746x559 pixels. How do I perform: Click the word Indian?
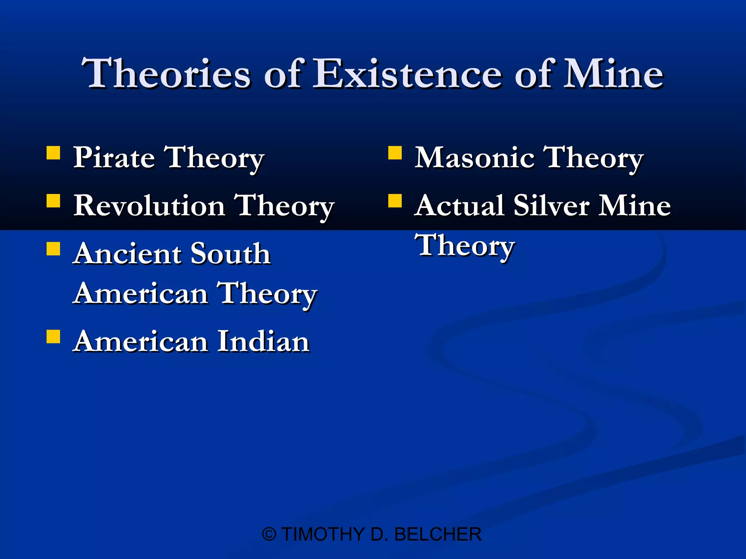click(264, 342)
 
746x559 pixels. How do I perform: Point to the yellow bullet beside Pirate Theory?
click(54, 153)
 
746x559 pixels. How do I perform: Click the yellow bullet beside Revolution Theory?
click(54, 201)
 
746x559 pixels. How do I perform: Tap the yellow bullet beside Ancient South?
click(54, 249)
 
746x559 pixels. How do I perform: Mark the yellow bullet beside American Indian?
click(54, 337)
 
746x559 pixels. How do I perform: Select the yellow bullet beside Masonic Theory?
click(395, 153)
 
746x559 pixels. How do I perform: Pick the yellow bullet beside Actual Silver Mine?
click(395, 201)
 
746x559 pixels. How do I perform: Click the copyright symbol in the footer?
click(269, 535)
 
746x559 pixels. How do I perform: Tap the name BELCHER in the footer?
click(438, 535)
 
